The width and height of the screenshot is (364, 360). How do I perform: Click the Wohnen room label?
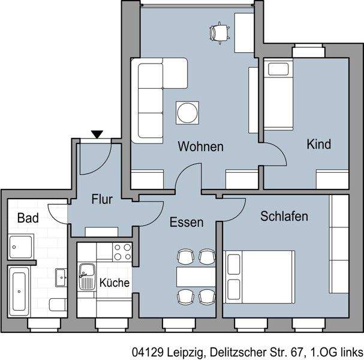click(x=200, y=146)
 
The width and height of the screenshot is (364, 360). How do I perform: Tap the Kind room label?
click(x=318, y=145)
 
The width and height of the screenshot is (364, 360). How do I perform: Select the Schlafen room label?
click(x=284, y=216)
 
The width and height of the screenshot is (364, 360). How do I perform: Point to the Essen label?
click(x=186, y=223)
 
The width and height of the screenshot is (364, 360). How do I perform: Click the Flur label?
click(x=103, y=200)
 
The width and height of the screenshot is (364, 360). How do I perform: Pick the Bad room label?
click(x=28, y=218)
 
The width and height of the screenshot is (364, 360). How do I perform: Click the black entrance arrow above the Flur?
click(x=97, y=135)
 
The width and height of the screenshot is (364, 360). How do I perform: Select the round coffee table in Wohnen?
click(x=186, y=112)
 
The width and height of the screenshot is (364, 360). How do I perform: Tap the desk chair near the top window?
click(x=220, y=31)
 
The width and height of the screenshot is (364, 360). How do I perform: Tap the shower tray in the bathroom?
click(x=22, y=247)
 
